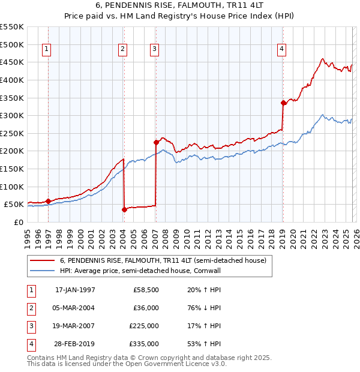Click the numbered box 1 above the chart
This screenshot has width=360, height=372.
[x=47, y=50]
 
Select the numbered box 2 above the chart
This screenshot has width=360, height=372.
[x=122, y=50]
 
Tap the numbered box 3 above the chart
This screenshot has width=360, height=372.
[x=155, y=50]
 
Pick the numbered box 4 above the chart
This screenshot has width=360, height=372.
[x=281, y=50]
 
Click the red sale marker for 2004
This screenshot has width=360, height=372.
[x=124, y=209]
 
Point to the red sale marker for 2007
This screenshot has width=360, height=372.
[x=156, y=142]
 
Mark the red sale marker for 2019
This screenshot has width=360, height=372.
[x=283, y=103]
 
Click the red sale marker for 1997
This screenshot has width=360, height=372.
[x=49, y=201]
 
